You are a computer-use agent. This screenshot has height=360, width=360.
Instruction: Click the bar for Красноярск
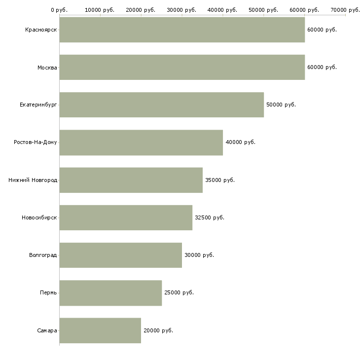(x=182, y=30)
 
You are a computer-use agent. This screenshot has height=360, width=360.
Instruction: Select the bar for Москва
(x=182, y=67)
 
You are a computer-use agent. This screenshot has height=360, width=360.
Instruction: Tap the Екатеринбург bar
(x=161, y=105)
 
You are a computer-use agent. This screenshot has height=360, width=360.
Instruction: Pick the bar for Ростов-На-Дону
(x=141, y=143)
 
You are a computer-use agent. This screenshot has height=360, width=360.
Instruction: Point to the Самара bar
(x=100, y=330)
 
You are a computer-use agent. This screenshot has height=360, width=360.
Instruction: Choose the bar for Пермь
(x=110, y=293)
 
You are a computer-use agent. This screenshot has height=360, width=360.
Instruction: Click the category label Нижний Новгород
(x=33, y=180)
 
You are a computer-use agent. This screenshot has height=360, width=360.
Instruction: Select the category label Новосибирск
(x=39, y=217)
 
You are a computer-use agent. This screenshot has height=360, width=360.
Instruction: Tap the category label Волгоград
(x=43, y=255)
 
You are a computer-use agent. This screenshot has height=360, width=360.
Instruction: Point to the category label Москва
(x=47, y=68)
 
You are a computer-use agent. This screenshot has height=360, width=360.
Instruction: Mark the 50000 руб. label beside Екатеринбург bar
(x=281, y=105)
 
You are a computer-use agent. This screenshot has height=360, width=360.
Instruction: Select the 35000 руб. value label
(x=220, y=180)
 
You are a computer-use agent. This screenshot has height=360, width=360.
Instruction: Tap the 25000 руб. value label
(x=179, y=292)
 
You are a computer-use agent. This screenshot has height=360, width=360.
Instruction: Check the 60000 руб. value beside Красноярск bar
(x=322, y=30)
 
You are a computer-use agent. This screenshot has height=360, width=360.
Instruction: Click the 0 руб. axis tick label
(x=59, y=10)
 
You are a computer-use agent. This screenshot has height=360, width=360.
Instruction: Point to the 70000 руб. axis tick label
(x=345, y=10)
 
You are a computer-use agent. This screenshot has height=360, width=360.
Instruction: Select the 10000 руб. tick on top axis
(x=100, y=10)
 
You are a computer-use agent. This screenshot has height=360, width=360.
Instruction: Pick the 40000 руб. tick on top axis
(x=222, y=10)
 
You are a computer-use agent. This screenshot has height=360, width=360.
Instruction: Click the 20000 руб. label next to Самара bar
(x=158, y=330)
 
